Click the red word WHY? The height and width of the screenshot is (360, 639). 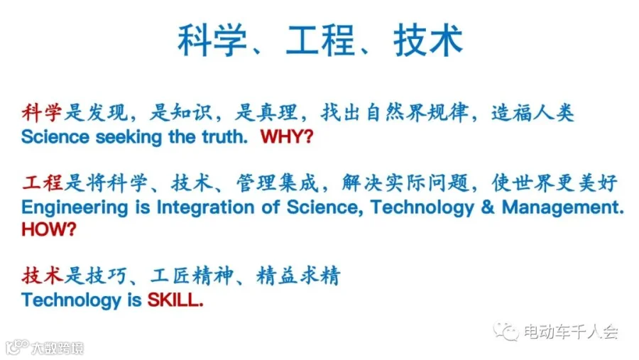coord(287,136)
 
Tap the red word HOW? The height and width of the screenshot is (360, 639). coord(49,229)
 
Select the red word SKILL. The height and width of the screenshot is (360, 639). coord(175,300)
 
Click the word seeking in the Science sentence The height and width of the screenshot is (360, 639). coord(129,137)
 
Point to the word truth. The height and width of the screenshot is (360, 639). coord(225,137)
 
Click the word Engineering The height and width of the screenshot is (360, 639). coord(75,208)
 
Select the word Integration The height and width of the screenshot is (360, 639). coord(206,208)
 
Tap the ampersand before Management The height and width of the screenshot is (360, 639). coord(487,207)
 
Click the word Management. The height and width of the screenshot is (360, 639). coord(563,207)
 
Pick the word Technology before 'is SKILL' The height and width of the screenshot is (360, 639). coord(71,301)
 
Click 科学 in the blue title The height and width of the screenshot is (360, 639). coord(212,40)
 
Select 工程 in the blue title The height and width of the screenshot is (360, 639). coord(320,40)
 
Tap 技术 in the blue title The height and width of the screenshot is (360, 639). coord(428,40)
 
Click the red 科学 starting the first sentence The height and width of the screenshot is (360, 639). coord(42,112)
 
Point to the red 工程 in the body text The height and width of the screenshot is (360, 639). coord(43,182)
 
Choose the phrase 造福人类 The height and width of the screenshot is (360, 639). coord(532,112)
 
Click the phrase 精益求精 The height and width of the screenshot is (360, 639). coord(298,276)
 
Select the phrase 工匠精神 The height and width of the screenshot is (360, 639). coord(192,276)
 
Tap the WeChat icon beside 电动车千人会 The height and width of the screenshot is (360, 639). coord(506,331)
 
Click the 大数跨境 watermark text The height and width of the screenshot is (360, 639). coord(58,348)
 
